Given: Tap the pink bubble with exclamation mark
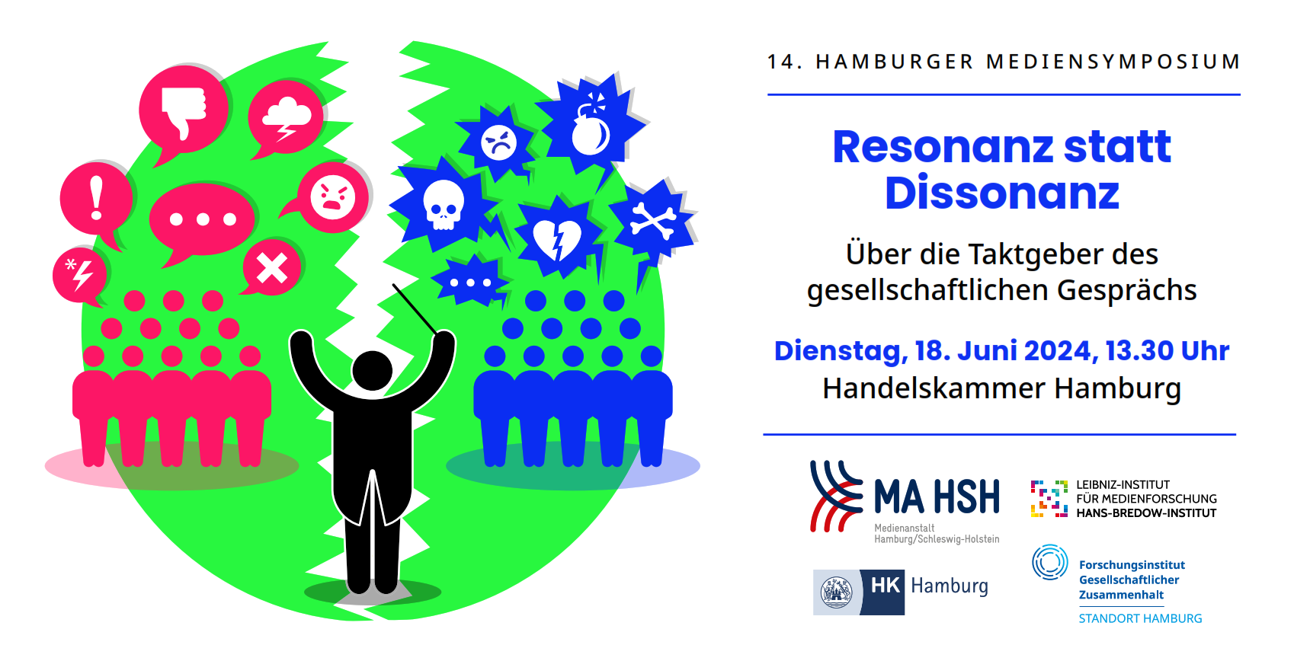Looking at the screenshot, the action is (x=96, y=200).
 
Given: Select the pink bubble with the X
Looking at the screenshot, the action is (x=271, y=267).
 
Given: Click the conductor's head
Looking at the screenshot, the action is (x=372, y=370).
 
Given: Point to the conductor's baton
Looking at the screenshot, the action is (x=415, y=309).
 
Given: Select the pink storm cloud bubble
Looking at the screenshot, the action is (x=286, y=117).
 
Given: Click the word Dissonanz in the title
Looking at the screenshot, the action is (x=1001, y=193).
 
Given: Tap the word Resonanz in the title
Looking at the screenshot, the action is (x=943, y=147).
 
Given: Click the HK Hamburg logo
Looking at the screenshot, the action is (x=901, y=592).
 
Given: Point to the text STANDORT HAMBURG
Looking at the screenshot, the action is (x=1140, y=619).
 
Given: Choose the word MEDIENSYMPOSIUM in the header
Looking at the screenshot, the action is (x=1113, y=62).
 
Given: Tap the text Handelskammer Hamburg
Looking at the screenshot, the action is (x=1001, y=388).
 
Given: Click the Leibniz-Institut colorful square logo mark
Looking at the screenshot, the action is (x=1049, y=498).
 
